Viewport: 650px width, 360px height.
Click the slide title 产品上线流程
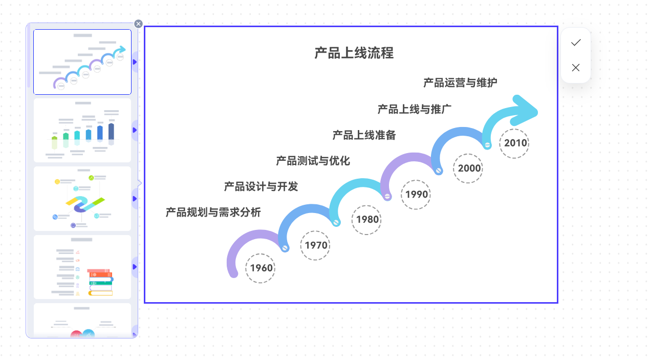click(354, 53)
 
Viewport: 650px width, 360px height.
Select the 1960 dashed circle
click(261, 268)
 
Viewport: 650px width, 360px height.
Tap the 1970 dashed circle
click(316, 245)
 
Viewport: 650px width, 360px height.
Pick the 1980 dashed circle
click(367, 220)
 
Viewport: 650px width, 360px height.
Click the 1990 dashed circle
click(416, 195)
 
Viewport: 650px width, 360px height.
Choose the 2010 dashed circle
click(515, 143)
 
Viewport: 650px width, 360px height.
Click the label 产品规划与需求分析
click(213, 212)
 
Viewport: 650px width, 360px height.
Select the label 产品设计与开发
click(261, 186)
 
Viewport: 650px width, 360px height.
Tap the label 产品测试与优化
click(313, 161)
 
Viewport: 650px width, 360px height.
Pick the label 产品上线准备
click(364, 135)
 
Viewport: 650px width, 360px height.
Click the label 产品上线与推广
click(414, 109)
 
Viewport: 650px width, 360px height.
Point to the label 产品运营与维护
click(460, 82)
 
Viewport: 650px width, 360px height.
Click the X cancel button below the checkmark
click(576, 68)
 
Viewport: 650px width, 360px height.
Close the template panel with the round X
click(138, 24)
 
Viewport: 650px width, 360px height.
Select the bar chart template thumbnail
click(82, 130)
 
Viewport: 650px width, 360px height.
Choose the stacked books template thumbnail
click(82, 267)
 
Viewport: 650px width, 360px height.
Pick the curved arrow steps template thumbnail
click(82, 62)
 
